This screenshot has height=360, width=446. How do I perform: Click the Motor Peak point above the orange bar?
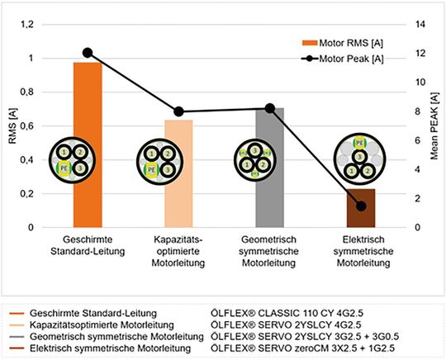point(88,53)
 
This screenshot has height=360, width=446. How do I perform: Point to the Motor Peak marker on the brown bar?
point(361,206)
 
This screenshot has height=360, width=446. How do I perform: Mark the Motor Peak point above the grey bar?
point(270,108)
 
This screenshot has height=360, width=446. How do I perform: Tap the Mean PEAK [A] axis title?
point(437,126)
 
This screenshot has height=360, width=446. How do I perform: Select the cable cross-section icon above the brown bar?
point(361,156)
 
